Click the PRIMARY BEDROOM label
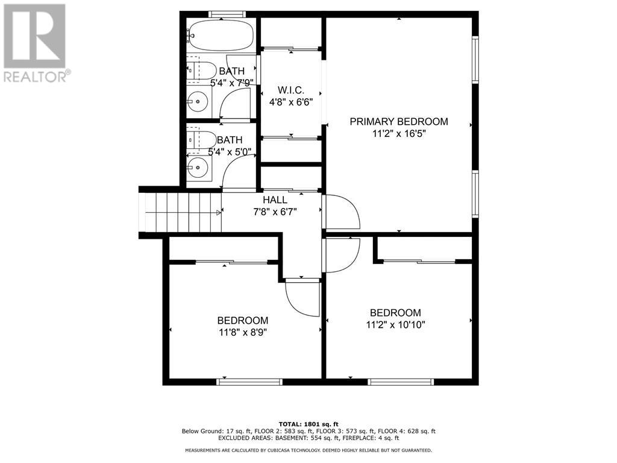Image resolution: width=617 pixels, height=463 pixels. (399, 122)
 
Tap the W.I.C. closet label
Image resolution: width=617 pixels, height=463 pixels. (291, 90)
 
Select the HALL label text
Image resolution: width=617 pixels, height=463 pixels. (275, 200)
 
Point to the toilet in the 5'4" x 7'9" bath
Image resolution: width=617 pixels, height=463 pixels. (201, 71)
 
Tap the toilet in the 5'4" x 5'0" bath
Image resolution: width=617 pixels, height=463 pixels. (201, 140)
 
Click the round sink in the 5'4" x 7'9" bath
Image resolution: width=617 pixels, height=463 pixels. (198, 102)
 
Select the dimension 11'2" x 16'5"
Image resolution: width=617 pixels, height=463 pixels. (399, 133)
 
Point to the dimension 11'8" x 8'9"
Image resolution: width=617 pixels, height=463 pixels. (243, 333)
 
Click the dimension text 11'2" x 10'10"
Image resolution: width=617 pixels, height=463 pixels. (395, 325)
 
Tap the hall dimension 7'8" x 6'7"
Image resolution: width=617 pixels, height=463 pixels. (275, 212)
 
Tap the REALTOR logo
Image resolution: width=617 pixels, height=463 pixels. (36, 43)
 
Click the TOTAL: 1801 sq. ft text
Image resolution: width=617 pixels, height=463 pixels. (308, 424)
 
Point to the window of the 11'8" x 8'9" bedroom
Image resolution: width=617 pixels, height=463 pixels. (249, 382)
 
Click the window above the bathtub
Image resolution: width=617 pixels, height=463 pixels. (227, 14)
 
